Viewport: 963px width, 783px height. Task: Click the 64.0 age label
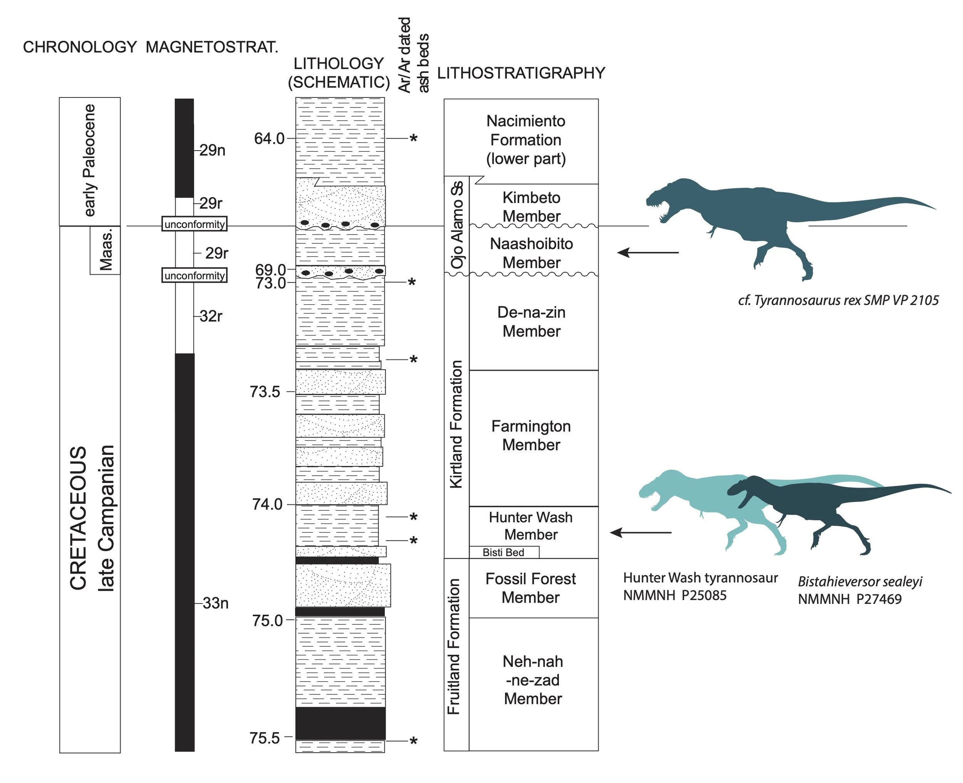tap(269, 139)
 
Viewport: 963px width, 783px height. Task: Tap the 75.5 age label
tap(265, 738)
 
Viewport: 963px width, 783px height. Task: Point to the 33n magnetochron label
tap(216, 603)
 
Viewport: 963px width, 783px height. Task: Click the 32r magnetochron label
tap(211, 316)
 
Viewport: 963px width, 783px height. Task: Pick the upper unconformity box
tap(195, 224)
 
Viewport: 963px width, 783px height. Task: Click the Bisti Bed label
tap(503, 553)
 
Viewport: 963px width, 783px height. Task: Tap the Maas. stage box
tap(106, 251)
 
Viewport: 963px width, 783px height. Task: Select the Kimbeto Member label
tap(531, 206)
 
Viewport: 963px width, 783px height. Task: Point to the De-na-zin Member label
tap(531, 322)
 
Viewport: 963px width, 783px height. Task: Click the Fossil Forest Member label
tap(530, 588)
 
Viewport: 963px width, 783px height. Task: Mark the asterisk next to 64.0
tap(413, 139)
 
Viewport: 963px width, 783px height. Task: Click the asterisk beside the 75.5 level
tap(413, 741)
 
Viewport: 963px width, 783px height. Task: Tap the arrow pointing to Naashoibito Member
tap(648, 253)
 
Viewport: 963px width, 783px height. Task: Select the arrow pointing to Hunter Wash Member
tap(641, 533)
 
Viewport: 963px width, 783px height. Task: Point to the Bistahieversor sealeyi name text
tap(860, 582)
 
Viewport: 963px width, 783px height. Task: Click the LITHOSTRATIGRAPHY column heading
tap(521, 73)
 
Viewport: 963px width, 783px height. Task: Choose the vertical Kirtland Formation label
tap(456, 424)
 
